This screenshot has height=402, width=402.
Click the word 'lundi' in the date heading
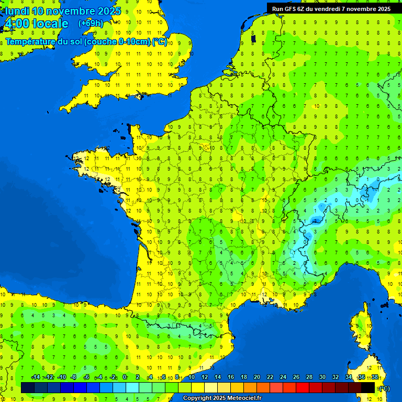[x=17, y=11]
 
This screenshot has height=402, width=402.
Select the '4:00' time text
[x=16, y=24]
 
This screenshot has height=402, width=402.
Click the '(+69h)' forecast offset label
[x=91, y=23]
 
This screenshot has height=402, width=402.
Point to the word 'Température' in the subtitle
[x=30, y=42]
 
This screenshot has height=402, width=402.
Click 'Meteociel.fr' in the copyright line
[x=244, y=398]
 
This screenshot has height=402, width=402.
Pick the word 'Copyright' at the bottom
[x=197, y=398]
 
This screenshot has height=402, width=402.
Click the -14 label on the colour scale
[x=36, y=377]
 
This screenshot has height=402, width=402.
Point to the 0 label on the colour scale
[x=125, y=377]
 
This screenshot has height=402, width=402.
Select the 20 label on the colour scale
[x=256, y=377]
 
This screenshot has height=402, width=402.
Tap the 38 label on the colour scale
[x=374, y=377]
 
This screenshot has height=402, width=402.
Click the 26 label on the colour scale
[x=296, y=377]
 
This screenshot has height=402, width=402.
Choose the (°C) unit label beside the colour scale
[x=384, y=388]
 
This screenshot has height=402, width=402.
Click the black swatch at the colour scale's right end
[x=368, y=388]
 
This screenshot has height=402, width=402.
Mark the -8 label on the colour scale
[x=74, y=377]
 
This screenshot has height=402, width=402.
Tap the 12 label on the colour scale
[x=204, y=377]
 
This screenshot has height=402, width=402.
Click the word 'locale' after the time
[x=50, y=24]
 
